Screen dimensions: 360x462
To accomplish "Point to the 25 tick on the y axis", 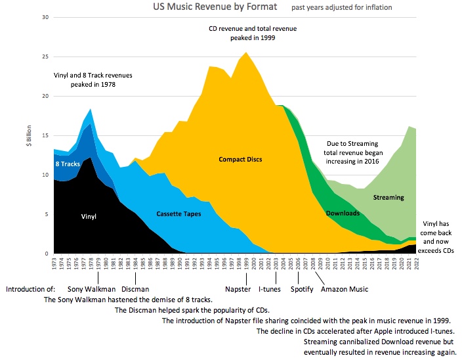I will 45,56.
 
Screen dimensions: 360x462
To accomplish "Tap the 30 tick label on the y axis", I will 45,17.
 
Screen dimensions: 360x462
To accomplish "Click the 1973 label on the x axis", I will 55,264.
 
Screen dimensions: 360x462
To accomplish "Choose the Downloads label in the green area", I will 343,214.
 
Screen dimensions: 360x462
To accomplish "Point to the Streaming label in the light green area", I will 388,197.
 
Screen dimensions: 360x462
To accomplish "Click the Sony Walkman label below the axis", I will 92,288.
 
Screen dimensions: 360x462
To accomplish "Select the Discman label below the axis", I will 135,288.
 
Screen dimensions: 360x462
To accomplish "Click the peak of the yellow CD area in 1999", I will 246,53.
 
